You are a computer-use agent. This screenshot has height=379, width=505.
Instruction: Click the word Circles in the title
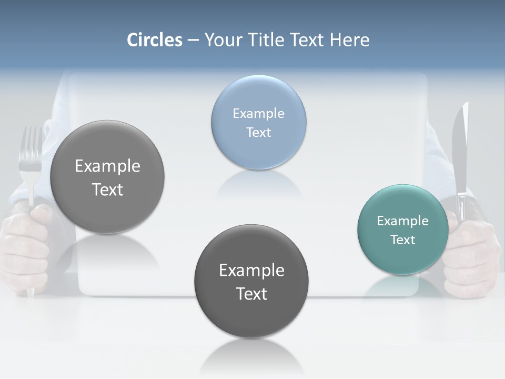tap(154, 40)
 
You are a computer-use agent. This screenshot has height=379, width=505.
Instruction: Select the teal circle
tap(402, 258)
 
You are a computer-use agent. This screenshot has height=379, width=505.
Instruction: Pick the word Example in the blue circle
tap(258, 113)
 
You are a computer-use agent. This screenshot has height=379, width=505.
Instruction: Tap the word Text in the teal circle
tap(402, 240)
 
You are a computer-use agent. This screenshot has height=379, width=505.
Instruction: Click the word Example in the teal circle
tap(402, 221)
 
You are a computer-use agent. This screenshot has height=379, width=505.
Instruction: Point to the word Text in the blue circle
tap(258, 132)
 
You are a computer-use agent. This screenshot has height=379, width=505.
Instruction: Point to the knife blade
tap(460, 147)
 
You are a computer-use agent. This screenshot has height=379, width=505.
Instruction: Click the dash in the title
tap(193, 40)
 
